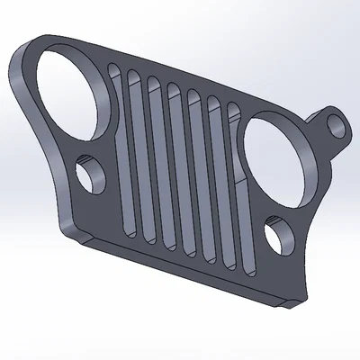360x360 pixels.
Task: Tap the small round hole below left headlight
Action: (92, 174)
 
